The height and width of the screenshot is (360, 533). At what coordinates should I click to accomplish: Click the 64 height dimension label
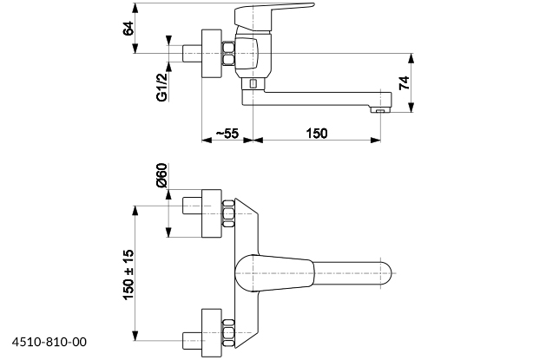(128, 29)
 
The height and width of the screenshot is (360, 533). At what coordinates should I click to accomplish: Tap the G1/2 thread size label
(162, 88)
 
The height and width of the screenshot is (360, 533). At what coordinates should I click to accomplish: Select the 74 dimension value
(405, 83)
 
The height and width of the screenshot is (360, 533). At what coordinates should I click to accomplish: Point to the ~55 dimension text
(227, 134)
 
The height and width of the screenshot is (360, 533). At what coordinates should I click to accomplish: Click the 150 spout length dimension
(317, 134)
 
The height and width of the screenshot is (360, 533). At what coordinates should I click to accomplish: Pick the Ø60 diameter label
(162, 175)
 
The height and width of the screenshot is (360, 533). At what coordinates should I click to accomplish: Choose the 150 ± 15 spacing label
(128, 275)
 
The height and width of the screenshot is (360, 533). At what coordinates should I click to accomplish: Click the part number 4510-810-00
(49, 342)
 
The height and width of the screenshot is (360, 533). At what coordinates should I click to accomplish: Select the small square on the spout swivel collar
(253, 83)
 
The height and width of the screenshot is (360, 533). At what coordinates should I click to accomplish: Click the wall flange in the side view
(212, 53)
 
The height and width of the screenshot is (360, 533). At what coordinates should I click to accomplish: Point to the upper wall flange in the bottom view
(212, 213)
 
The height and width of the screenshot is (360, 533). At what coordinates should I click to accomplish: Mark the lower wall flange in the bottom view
(212, 333)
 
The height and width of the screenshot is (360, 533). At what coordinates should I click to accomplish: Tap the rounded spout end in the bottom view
(385, 273)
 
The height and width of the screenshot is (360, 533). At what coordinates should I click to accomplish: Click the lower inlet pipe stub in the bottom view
(192, 340)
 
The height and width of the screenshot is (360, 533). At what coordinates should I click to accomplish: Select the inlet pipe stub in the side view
(192, 53)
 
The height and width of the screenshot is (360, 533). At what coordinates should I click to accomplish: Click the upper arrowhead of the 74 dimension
(411, 58)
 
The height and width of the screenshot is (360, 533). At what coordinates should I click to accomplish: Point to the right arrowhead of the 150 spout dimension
(376, 140)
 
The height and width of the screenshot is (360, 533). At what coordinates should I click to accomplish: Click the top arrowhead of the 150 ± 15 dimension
(135, 210)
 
